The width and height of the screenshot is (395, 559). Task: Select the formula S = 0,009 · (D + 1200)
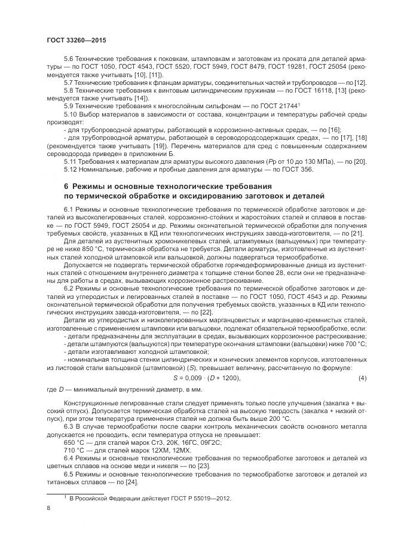[x=206, y=378]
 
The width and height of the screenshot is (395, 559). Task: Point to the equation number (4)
[x=362, y=378]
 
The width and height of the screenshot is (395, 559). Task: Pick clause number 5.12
[x=71, y=169]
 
